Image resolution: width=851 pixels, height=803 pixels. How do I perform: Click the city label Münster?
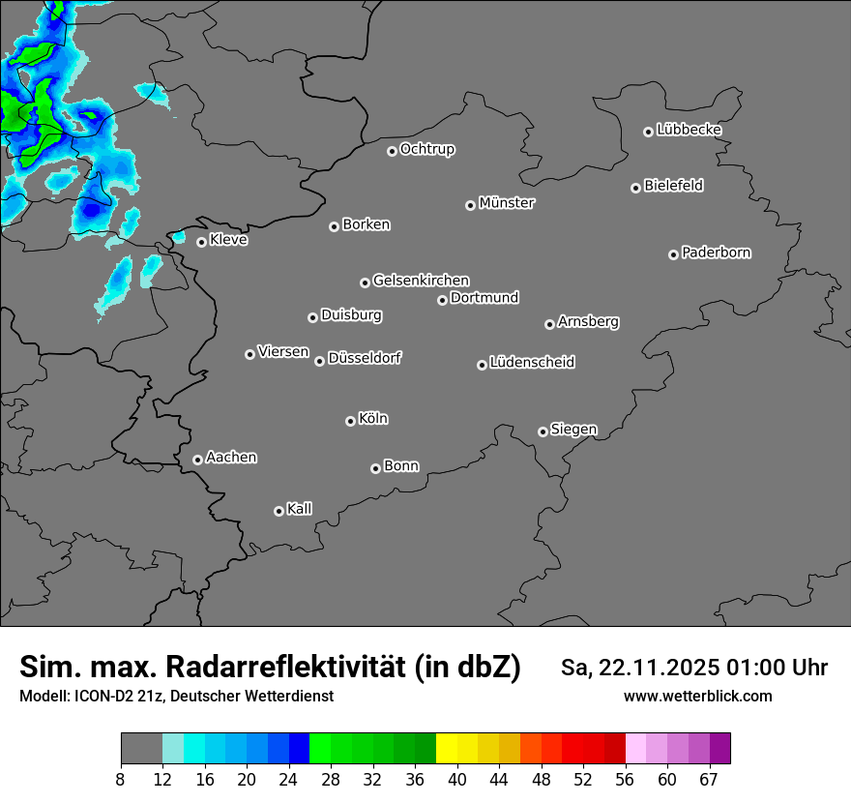point(507,203)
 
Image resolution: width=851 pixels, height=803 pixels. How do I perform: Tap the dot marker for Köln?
point(350,421)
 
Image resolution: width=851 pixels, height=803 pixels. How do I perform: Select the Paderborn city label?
point(717,253)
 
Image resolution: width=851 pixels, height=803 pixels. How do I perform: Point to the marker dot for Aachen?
point(197,460)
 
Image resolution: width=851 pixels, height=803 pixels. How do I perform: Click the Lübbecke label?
point(689,130)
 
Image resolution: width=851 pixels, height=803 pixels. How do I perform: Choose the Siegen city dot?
point(543,431)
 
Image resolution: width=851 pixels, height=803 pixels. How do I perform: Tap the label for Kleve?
point(229,240)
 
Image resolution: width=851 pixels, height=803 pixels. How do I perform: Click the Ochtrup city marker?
point(392,151)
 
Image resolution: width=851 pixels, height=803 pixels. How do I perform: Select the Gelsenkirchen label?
point(421,281)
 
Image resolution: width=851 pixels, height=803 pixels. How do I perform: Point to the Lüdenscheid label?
point(532,363)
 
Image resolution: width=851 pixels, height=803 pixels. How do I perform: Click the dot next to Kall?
point(279,511)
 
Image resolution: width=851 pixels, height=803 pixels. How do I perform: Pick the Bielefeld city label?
point(673,186)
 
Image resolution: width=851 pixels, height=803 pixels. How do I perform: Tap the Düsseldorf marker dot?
point(319,361)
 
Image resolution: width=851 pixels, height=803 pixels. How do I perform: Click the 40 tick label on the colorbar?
point(457,780)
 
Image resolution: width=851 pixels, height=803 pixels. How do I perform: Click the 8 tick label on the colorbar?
point(121,780)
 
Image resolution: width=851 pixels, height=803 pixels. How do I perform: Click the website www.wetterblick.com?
point(698,697)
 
